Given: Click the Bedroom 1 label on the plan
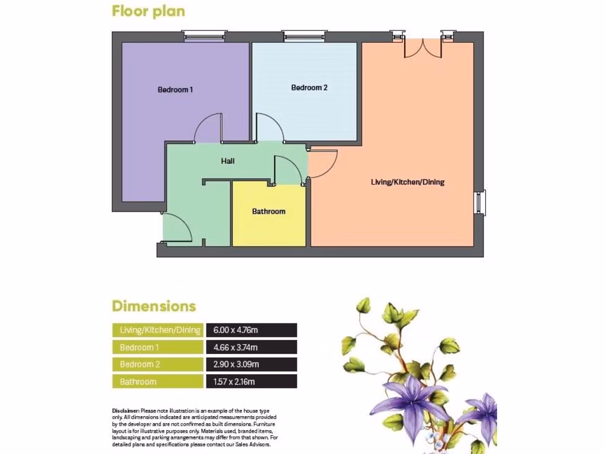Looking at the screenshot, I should (175, 90).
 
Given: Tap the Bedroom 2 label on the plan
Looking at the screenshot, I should (309, 87).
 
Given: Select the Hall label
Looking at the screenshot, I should (228, 161).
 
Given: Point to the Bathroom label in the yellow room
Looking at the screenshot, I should (269, 211).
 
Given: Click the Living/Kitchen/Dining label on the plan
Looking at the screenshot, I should (407, 182).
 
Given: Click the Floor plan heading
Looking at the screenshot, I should (148, 11).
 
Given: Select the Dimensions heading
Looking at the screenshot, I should (154, 306).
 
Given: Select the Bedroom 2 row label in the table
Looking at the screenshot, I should (140, 365).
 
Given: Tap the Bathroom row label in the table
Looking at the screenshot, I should (138, 382).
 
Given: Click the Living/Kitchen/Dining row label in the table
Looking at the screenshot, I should (160, 330).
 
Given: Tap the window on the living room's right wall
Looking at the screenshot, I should (481, 202).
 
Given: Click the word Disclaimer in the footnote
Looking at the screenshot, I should (125, 410).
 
